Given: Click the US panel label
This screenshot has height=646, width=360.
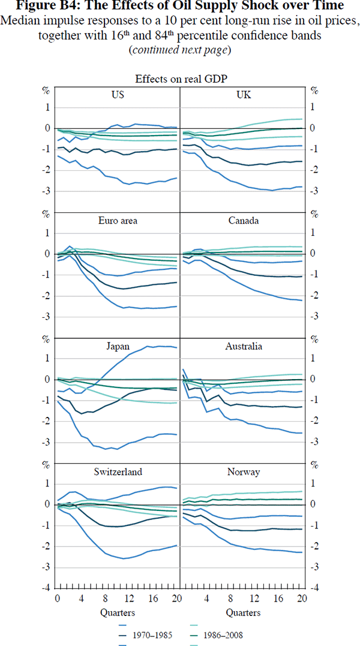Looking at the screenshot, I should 118,95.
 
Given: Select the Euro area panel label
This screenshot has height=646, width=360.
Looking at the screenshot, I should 118,221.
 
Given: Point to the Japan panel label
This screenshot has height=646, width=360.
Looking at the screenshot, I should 118,346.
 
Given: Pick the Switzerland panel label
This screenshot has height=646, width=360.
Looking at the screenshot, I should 118,472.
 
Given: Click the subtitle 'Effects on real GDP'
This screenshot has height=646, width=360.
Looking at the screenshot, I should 180,79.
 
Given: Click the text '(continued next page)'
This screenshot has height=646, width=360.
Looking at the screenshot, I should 180,50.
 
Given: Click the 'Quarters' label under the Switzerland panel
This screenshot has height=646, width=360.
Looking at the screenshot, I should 118,613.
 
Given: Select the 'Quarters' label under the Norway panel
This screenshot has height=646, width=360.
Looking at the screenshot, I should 243,613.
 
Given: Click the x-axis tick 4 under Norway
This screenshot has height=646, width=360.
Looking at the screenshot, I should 206,599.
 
